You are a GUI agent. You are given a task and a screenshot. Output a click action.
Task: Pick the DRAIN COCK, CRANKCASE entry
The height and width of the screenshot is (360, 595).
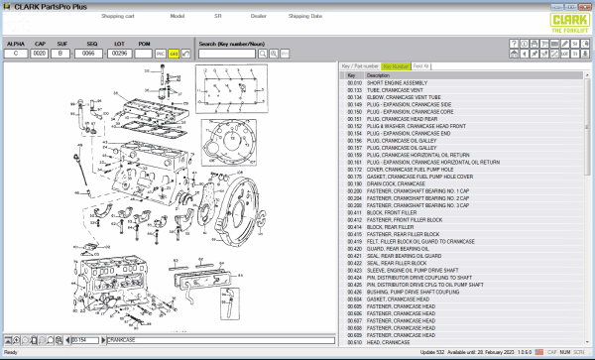(398, 183)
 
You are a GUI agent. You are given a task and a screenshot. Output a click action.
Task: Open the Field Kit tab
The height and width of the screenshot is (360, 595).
(421, 65)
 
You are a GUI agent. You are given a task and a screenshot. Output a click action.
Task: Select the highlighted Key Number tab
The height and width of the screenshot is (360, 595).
(396, 65)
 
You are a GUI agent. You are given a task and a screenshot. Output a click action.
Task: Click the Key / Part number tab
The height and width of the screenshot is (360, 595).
(360, 65)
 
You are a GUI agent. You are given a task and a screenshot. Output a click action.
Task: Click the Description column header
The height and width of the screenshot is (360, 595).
(379, 74)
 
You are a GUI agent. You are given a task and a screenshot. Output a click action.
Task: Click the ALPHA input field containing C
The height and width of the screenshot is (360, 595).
(16, 54)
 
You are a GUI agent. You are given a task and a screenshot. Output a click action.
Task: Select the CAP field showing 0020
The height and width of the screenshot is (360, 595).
(41, 54)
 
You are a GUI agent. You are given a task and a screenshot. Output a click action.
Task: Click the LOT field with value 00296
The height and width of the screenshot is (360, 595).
(119, 54)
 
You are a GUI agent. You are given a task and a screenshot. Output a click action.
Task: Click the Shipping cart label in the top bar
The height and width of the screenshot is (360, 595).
(118, 16)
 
